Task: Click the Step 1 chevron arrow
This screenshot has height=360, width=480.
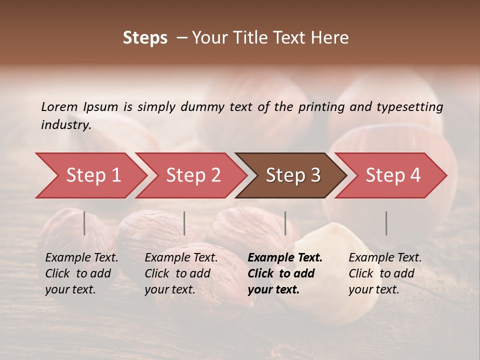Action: click(92, 175)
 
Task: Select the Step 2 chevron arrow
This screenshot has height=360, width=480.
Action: click(192, 175)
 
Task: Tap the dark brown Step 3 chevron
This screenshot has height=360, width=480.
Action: click(292, 175)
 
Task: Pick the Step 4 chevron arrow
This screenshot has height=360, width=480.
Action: click(392, 175)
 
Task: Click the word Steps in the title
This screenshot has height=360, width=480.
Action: click(145, 38)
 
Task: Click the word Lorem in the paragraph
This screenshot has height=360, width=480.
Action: click(59, 106)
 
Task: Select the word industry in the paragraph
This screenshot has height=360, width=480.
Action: click(65, 125)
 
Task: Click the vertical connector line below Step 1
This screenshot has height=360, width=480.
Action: click(84, 223)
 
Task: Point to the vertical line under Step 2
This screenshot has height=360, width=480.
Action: click(184, 223)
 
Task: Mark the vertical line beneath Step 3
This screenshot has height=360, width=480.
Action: click(285, 223)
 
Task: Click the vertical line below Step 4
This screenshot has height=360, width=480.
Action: click(386, 223)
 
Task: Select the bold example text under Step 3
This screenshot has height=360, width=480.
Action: click(284, 273)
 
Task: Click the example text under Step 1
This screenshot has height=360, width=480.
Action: click(81, 273)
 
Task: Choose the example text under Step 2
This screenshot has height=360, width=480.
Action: click(180, 273)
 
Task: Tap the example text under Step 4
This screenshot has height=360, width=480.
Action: click(384, 273)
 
